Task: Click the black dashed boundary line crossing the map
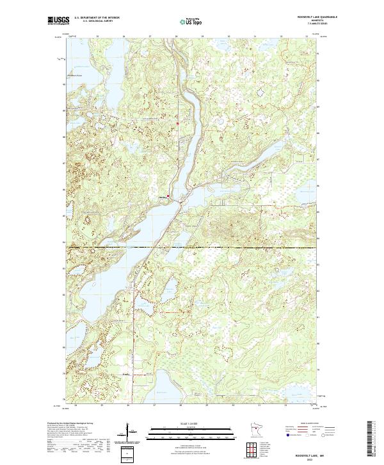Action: pyautogui.click(x=192, y=247)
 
